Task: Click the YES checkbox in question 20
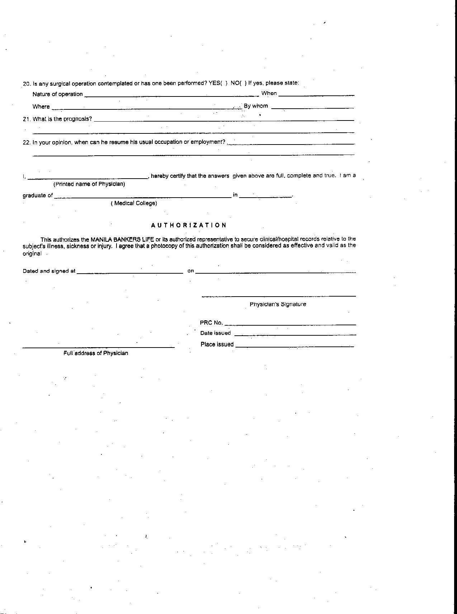224,83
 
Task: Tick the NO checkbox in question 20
243,83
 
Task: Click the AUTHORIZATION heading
189,225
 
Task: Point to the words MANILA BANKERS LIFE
122,239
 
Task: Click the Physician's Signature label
278,304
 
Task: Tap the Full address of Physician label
96,353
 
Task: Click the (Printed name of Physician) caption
89,184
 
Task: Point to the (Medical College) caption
134,203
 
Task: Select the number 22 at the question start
26,142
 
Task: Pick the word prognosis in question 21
78,119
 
